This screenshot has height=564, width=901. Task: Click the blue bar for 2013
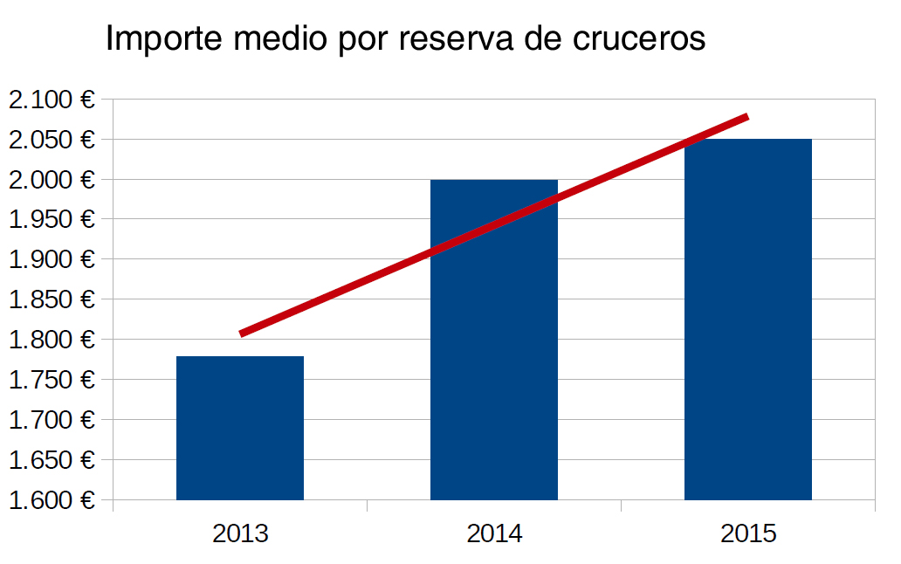240,428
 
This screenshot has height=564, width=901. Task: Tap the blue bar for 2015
748,319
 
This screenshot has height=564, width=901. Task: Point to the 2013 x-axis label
240,533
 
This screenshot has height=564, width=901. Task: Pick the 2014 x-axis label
494,533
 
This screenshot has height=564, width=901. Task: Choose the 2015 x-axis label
748,533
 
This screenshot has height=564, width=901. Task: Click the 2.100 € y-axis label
51,100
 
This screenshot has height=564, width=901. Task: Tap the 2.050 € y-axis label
51,140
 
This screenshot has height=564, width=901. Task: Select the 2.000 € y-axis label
51,180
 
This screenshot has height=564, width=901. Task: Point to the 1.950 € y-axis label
51,220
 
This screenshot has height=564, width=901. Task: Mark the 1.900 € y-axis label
51,259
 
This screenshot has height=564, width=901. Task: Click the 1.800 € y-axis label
51,340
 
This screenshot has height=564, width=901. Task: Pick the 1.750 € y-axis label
51,380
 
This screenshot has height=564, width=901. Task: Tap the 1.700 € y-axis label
51,420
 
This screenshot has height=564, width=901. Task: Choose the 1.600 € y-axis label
51,500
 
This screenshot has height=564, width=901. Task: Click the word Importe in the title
160,40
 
